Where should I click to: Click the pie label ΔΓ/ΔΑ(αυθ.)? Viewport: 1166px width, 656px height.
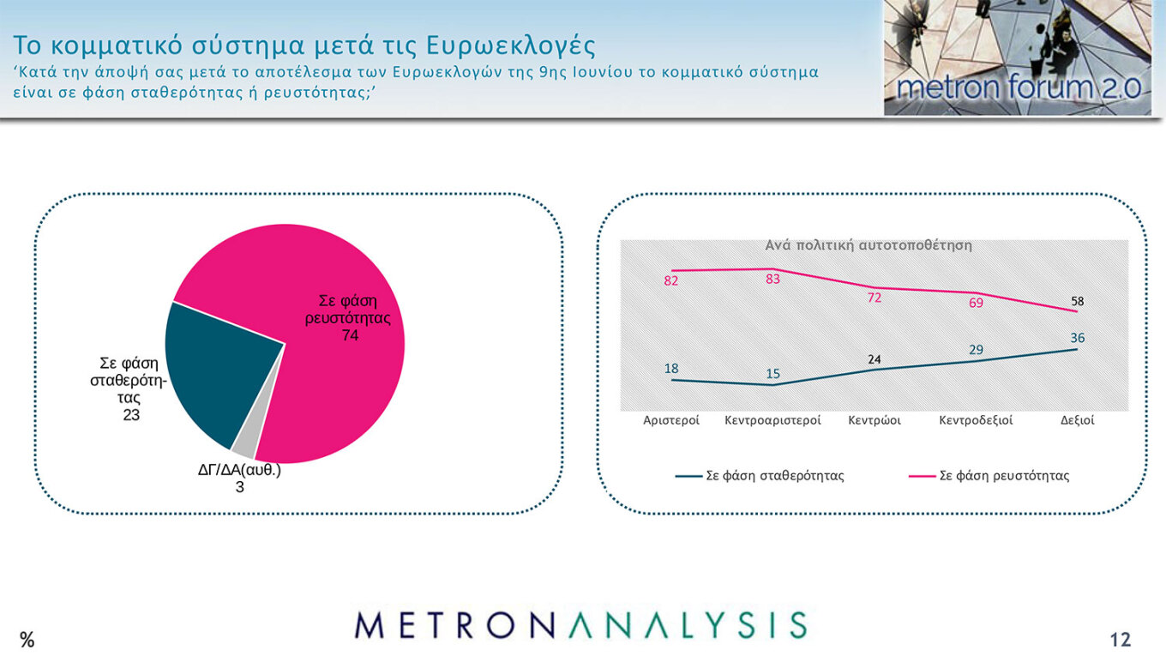click(239, 470)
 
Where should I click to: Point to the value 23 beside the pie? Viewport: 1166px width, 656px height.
click(130, 415)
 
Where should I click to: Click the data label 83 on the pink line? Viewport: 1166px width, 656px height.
click(772, 279)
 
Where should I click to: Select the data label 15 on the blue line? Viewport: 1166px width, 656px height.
click(772, 374)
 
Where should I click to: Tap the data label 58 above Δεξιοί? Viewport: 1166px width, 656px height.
click(1077, 302)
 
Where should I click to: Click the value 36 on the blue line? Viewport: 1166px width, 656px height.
click(1077, 338)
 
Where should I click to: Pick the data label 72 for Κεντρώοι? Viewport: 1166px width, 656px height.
click(874, 298)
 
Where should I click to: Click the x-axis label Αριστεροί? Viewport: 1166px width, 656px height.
click(671, 420)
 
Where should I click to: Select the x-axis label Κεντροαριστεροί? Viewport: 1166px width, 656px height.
click(772, 420)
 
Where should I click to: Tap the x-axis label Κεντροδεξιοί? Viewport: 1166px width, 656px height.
click(976, 420)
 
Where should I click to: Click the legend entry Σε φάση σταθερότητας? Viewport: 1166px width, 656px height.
click(774, 475)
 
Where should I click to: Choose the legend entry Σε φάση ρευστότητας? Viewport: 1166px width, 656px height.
click(1004, 475)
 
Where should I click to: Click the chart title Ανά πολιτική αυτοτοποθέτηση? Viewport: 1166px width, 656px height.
click(868, 245)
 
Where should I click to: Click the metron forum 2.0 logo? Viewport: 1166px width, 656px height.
click(1018, 57)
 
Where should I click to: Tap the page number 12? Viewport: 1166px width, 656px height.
click(1120, 639)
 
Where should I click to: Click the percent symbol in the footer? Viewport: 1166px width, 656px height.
click(27, 639)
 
